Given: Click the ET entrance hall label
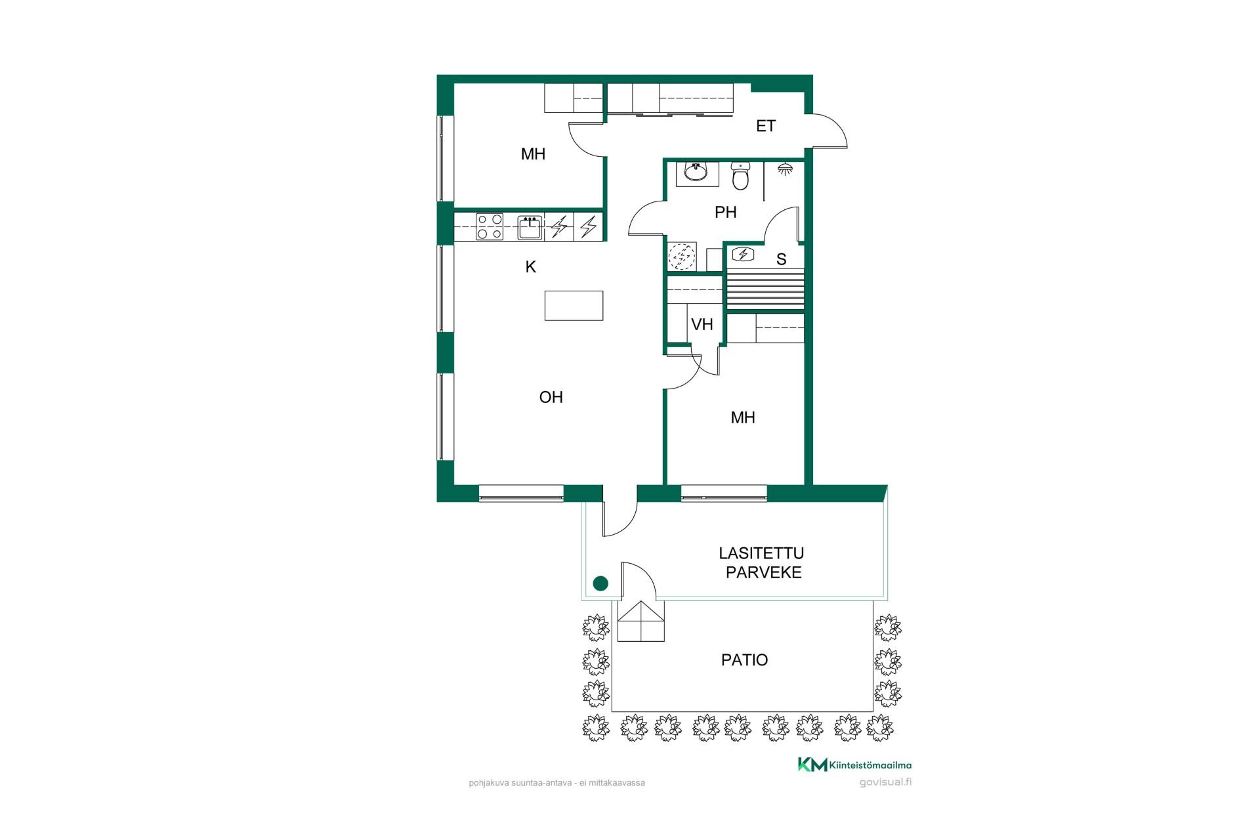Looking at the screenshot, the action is pos(766,126).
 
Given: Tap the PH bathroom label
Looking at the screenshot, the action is pos(726,212).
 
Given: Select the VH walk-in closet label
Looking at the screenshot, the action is pos(702,324).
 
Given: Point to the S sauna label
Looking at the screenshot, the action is pos(781,259).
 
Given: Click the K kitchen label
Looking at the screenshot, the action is pos(531,266).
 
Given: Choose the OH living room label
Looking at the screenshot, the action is pos(551,397).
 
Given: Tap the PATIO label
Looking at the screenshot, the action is pos(744,660).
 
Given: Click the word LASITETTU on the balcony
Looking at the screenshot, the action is pos(761,554).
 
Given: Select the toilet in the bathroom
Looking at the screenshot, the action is pos(740,175).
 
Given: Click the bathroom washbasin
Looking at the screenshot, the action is pos(696,172).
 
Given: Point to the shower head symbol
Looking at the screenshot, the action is pos(784,169).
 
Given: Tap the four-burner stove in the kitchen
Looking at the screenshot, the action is pos(490,226).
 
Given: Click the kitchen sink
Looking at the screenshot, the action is pos(530,227).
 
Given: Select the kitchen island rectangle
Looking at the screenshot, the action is pos(574,306).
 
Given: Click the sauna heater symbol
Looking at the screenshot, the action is pos(744,253).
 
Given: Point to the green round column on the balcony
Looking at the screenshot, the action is pos(600,583).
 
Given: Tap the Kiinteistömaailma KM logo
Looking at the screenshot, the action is pos(854,765).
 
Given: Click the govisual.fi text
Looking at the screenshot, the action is pos(885,782).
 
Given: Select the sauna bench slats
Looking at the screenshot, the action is pos(765,289).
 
